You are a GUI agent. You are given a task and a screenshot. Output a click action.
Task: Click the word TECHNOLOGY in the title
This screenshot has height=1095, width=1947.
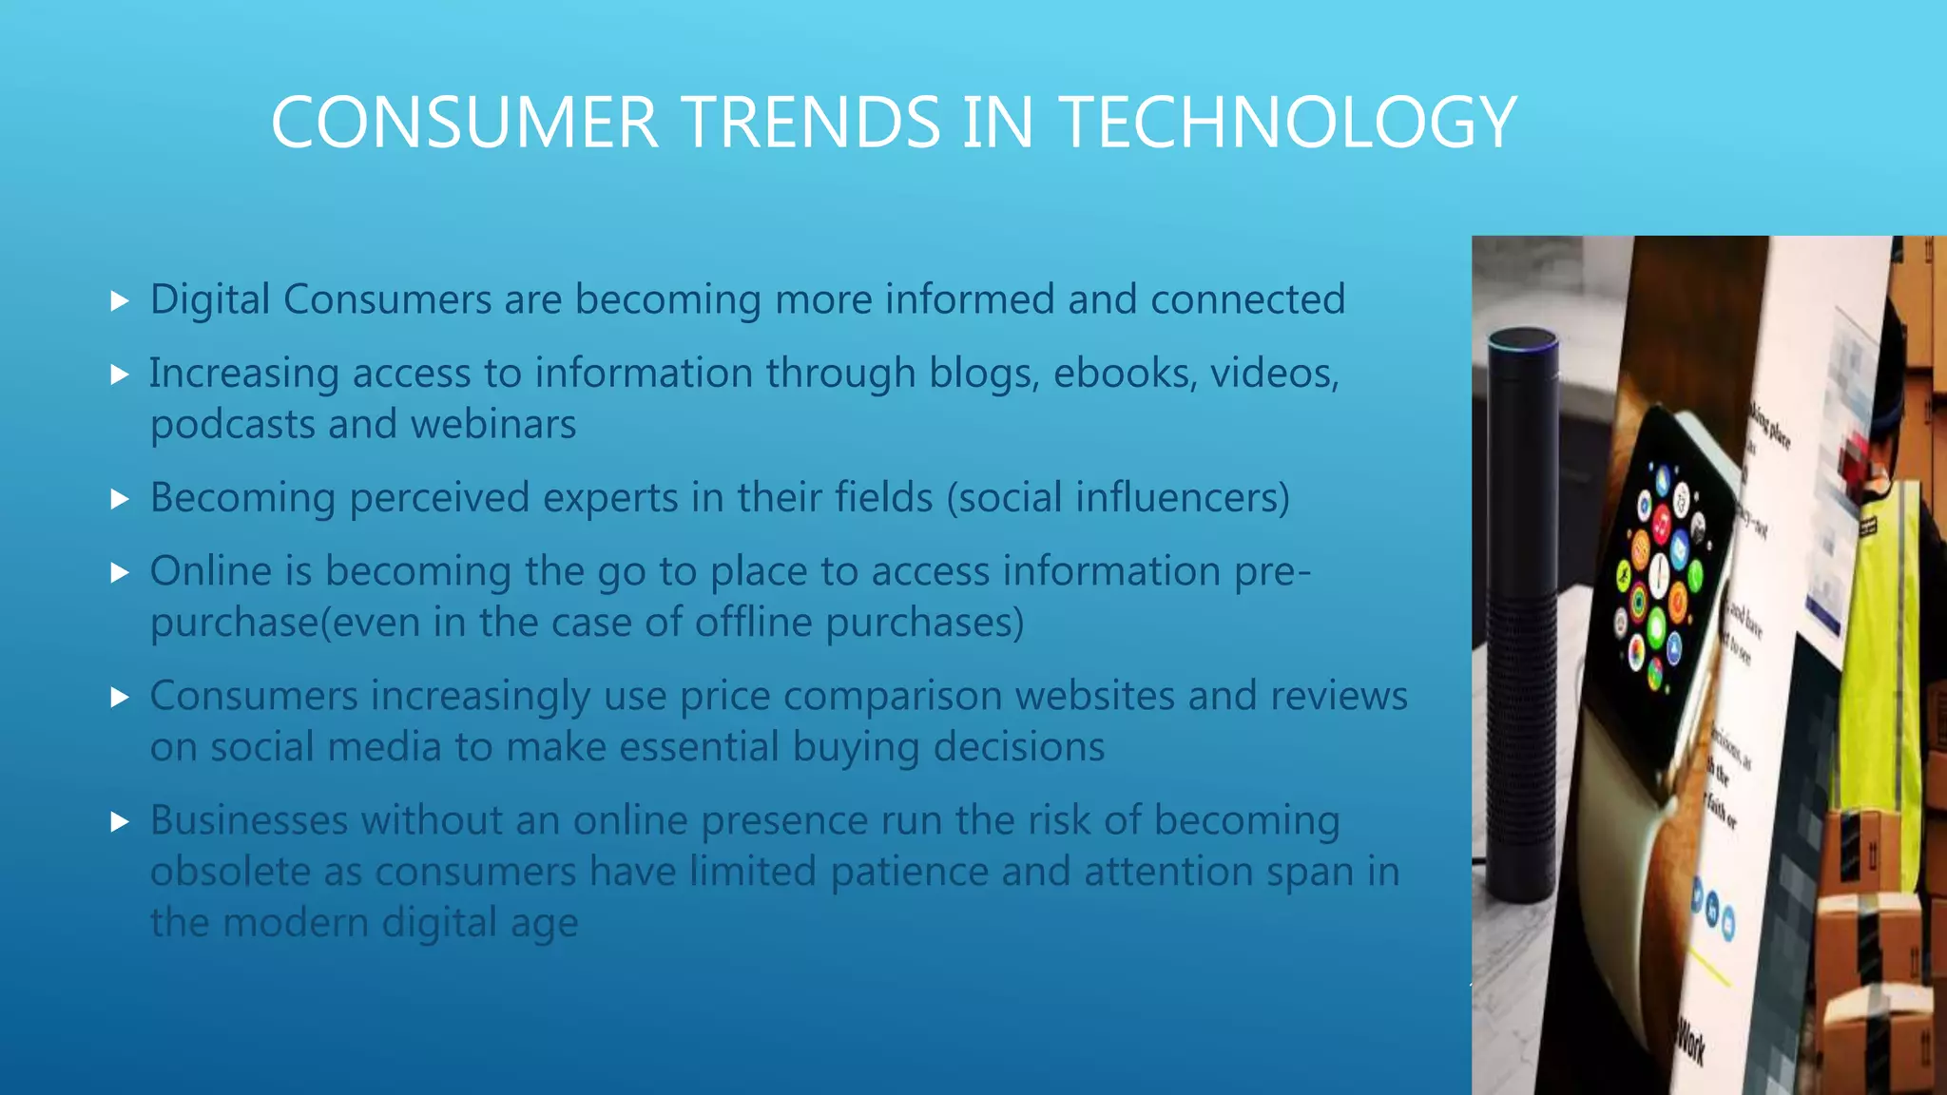[x=1287, y=123]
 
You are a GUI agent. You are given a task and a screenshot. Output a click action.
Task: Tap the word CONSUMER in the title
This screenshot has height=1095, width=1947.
[x=464, y=123]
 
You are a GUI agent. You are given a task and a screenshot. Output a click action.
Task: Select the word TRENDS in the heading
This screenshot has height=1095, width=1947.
[x=811, y=123]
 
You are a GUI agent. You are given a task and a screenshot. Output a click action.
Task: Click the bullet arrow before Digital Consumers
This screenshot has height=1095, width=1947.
[x=120, y=301]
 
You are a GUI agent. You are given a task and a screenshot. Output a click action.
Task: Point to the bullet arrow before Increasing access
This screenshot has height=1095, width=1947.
[x=120, y=375]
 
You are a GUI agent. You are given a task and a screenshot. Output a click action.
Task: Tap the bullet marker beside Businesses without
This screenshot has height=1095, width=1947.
[x=120, y=821]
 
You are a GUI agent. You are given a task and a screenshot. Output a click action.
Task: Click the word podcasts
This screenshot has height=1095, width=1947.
[x=232, y=425]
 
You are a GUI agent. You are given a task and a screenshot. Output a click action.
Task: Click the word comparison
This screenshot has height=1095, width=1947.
[x=892, y=697]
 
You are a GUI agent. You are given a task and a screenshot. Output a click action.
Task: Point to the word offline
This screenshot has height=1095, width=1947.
[x=753, y=623]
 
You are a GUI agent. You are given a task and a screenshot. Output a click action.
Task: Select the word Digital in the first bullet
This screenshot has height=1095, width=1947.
[x=210, y=300]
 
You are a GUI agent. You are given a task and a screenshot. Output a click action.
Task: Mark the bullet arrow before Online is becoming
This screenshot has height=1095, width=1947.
[x=120, y=572]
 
